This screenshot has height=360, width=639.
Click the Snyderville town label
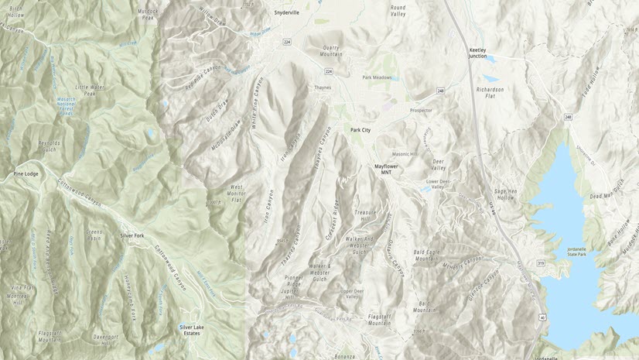pos(286,12)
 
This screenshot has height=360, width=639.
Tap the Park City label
pos(361,130)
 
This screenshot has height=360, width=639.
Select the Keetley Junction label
pos(483,53)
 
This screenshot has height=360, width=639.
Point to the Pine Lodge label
pos(26,174)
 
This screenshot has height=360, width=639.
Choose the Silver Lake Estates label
pos(191,329)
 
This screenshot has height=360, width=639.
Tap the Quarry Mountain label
pos(331,51)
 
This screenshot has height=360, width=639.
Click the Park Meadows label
pos(377,77)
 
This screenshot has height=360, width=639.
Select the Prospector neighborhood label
pos(421,110)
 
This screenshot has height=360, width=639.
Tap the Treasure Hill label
pos(366,214)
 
